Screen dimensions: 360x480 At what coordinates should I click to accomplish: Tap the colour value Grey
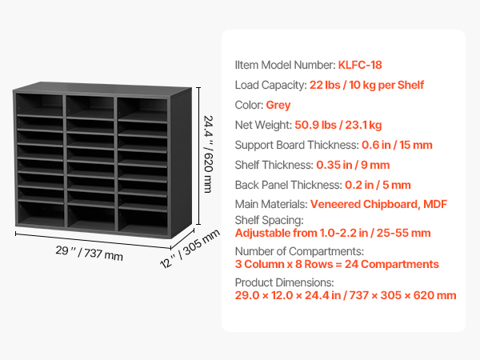tap(278, 105)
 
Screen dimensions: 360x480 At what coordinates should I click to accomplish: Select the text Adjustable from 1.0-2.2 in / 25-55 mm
tap(333, 234)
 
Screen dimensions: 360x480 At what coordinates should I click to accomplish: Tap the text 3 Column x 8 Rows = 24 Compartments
tap(337, 264)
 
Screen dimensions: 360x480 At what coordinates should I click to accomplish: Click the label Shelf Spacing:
tap(269, 220)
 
